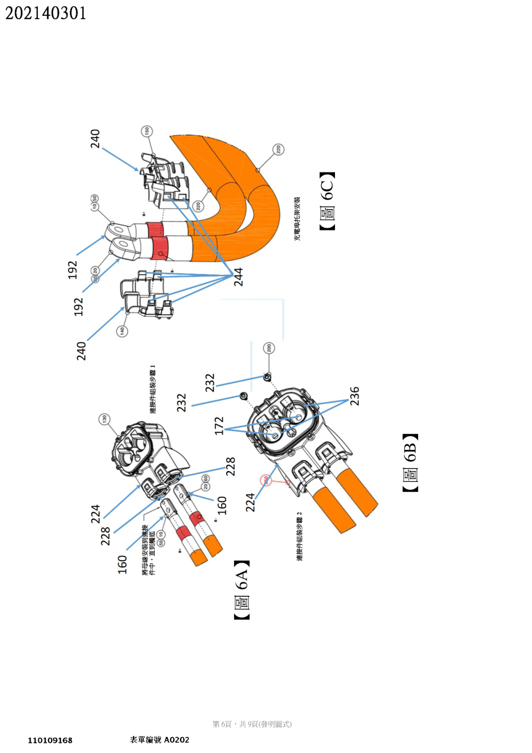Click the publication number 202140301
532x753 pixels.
[45, 13]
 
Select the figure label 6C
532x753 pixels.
[328, 201]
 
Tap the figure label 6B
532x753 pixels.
[410, 463]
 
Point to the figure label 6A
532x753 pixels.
[242, 590]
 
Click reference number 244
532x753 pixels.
[238, 277]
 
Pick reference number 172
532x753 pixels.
[219, 426]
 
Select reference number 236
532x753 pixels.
[355, 396]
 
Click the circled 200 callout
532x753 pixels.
[268, 348]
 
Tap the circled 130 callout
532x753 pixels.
[104, 419]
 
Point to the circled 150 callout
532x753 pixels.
[146, 131]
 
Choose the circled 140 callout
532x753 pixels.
[122, 331]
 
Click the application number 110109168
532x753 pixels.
[50, 740]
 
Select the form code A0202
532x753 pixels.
[176, 740]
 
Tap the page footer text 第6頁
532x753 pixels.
[222, 724]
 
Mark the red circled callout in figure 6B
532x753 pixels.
[266, 479]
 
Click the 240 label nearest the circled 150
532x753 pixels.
[95, 138]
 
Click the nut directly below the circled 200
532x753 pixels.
[267, 377]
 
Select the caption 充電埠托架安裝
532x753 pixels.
[297, 219]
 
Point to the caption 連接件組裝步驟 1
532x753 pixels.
[153, 389]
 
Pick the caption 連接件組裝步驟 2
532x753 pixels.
[299, 536]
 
